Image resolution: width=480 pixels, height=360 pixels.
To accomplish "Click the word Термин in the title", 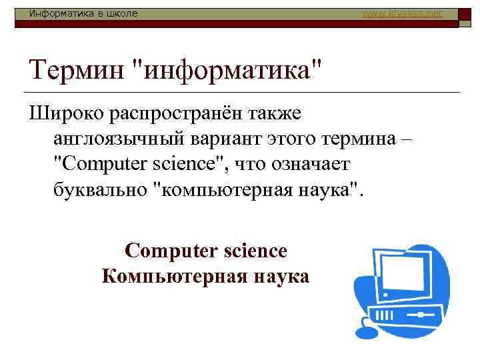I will click(x=76, y=69).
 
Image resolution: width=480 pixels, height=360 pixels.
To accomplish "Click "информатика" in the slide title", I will click(x=227, y=69).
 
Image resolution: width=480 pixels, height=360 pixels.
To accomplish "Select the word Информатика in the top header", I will click(x=53, y=13).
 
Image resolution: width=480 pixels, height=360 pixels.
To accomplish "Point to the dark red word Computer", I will click(x=171, y=251).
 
